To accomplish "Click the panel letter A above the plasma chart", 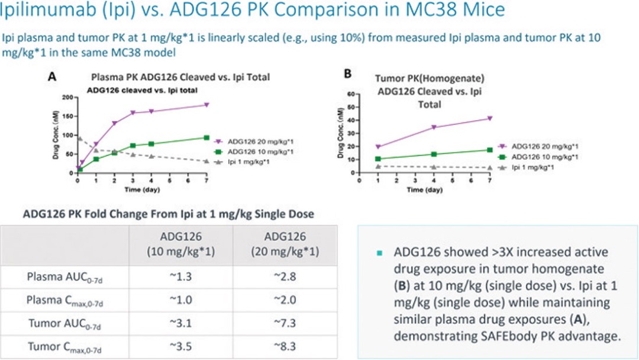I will [x=52, y=76].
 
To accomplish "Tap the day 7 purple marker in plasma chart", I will [x=206, y=105].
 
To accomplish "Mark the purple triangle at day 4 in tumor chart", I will [x=434, y=127].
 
